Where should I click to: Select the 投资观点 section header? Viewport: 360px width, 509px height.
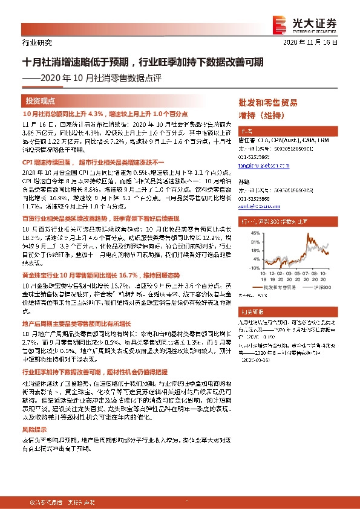(41, 100)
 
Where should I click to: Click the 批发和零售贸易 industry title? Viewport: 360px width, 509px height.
(268, 102)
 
